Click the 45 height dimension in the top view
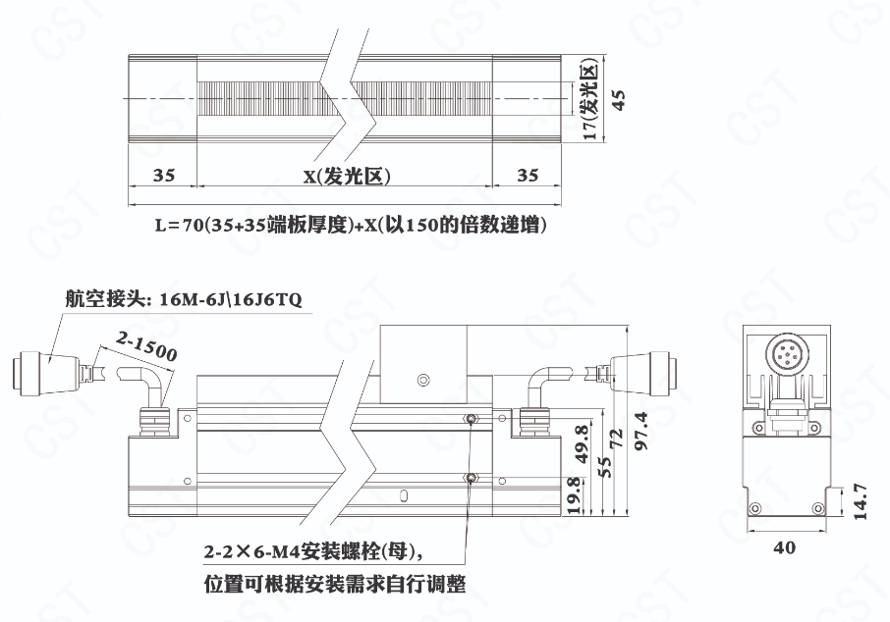619,99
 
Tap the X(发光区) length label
347,177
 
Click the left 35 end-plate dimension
163,175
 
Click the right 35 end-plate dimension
528,175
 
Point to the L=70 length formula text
352,225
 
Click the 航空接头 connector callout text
184,299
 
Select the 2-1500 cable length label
146,345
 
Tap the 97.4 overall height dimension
640,431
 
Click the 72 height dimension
616,439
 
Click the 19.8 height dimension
574,495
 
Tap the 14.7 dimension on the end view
860,501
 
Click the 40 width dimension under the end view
785,547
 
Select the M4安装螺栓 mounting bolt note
313,551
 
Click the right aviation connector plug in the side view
645,372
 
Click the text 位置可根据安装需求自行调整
335,584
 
